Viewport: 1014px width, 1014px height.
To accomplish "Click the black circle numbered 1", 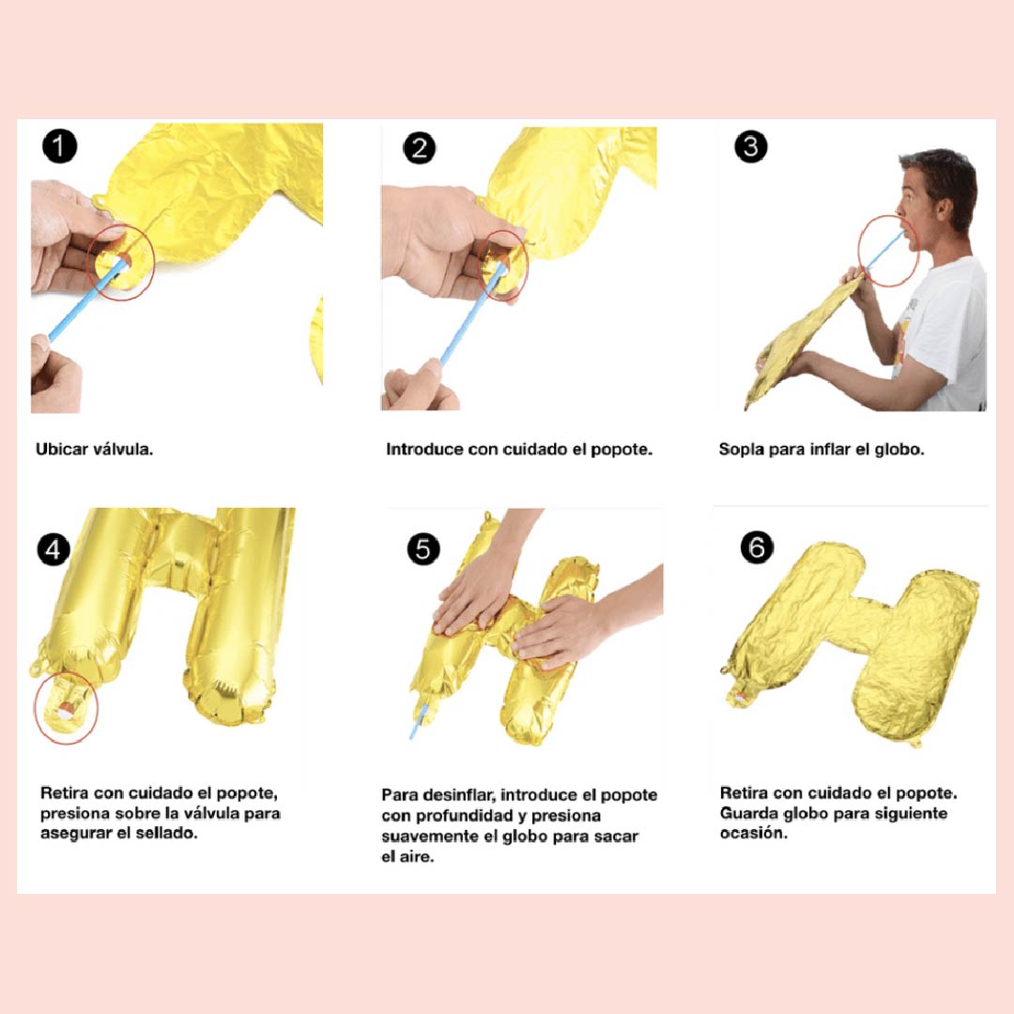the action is (x=59, y=146).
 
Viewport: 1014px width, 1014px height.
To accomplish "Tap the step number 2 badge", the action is (x=419, y=148).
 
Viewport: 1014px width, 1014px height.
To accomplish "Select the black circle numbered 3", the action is (x=751, y=146).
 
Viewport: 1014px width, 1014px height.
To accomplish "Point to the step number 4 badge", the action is (x=53, y=549).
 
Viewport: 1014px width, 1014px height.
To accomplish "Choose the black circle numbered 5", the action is (x=423, y=549).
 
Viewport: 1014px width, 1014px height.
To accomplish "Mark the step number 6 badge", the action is (x=757, y=547).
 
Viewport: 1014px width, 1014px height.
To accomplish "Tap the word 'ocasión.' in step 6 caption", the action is (x=754, y=833).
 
